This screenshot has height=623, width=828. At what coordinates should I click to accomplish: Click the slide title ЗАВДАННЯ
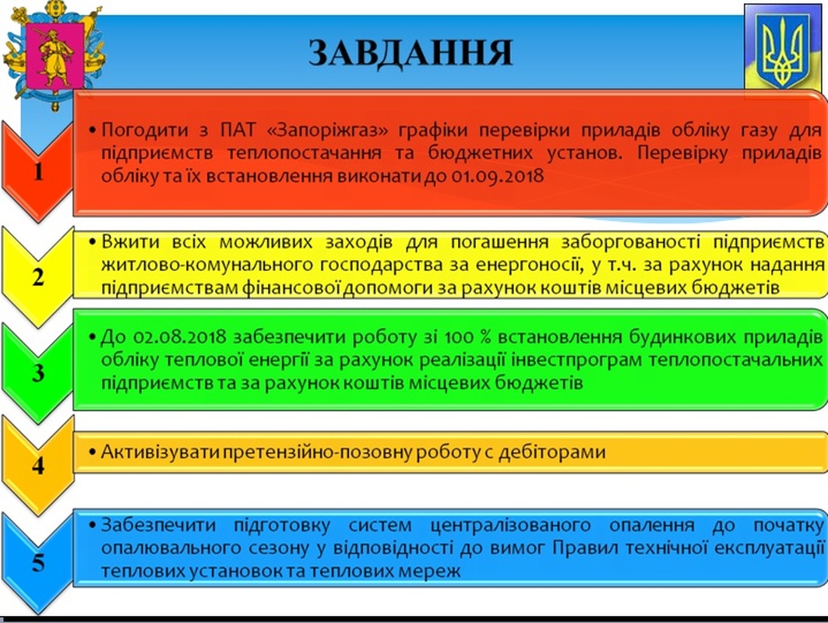click(x=410, y=53)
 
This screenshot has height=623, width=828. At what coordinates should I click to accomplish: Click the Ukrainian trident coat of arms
click(x=783, y=51)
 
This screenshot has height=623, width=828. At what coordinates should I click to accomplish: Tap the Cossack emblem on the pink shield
click(x=55, y=55)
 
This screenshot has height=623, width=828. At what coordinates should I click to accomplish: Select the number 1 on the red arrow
click(x=38, y=172)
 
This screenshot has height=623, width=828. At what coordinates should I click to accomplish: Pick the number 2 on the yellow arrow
click(x=38, y=277)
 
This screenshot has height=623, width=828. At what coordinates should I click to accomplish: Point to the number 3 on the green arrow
click(x=38, y=373)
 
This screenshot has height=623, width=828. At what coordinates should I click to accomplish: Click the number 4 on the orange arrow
click(x=38, y=465)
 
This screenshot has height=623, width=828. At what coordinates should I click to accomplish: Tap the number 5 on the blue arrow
click(x=38, y=563)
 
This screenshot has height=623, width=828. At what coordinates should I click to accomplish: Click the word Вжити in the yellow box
click(x=130, y=242)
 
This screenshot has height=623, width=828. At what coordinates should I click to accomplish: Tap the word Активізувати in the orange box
click(x=160, y=452)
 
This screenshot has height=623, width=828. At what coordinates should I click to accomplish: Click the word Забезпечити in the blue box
click(x=158, y=525)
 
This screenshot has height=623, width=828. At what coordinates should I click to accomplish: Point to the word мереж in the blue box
click(x=432, y=571)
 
